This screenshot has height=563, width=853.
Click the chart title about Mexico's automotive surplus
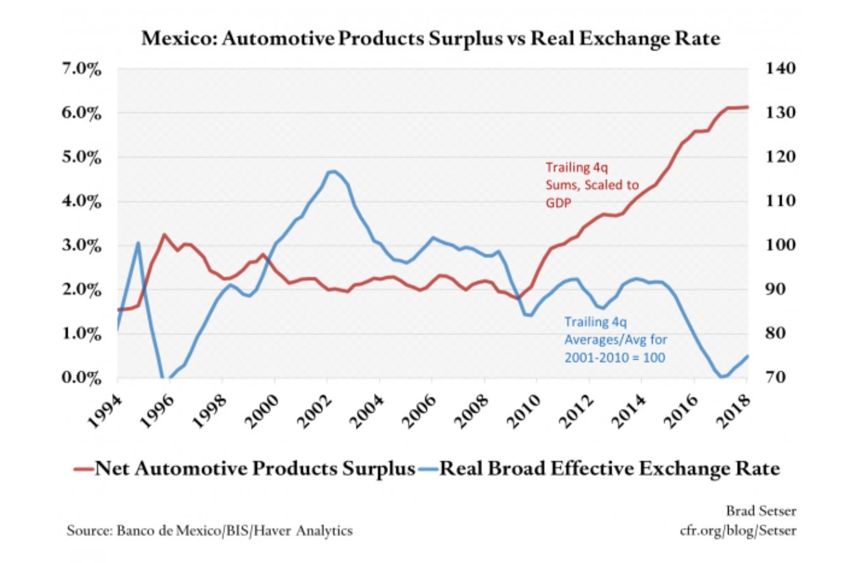430,39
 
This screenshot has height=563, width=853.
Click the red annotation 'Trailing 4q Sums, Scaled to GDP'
591,186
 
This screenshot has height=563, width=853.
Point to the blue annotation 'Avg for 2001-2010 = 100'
615,347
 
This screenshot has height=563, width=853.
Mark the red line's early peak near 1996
164,235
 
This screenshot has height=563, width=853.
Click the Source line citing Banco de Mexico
210,531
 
